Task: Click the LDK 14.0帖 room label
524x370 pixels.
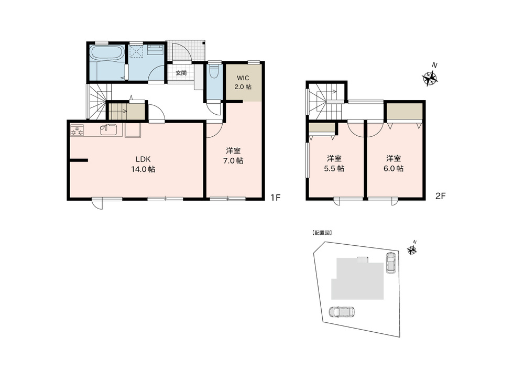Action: click(143, 164)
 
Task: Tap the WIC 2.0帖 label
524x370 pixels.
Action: click(243, 82)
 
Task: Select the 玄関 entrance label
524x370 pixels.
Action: click(181, 73)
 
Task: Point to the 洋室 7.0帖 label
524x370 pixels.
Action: click(233, 156)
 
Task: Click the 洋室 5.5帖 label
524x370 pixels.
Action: click(334, 164)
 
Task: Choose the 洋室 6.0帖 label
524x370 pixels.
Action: click(394, 164)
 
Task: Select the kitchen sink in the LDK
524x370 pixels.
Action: click(108, 129)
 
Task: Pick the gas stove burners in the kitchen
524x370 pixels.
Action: click(77, 130)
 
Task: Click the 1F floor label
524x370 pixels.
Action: click(275, 198)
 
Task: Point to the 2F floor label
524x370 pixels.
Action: click(441, 196)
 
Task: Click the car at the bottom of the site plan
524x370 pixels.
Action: click(342, 311)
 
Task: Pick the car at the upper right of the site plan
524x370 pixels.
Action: click(390, 263)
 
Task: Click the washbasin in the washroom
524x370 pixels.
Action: click(155, 50)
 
